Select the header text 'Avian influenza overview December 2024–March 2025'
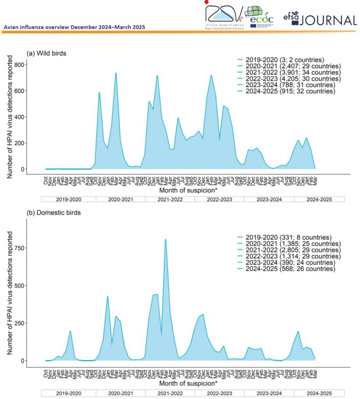point(74,27)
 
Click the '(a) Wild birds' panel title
point(46,53)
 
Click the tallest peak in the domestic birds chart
point(165,240)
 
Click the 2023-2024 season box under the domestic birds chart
point(269,393)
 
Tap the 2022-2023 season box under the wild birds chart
point(220,199)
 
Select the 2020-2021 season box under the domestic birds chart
point(121,393)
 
